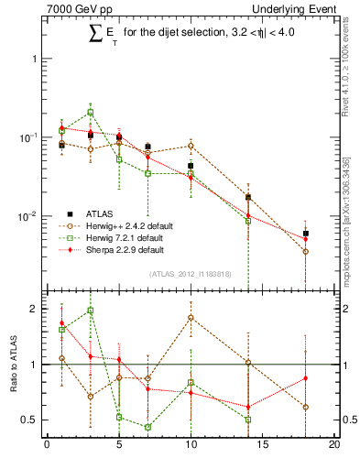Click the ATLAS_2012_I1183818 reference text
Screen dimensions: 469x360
[190, 274]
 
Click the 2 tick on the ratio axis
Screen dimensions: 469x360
[35, 309]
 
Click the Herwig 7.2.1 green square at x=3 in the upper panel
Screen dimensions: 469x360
[90, 113]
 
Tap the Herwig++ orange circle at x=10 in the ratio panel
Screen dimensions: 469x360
[191, 318]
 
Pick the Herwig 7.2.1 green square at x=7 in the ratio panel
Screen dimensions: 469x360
[147, 427]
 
